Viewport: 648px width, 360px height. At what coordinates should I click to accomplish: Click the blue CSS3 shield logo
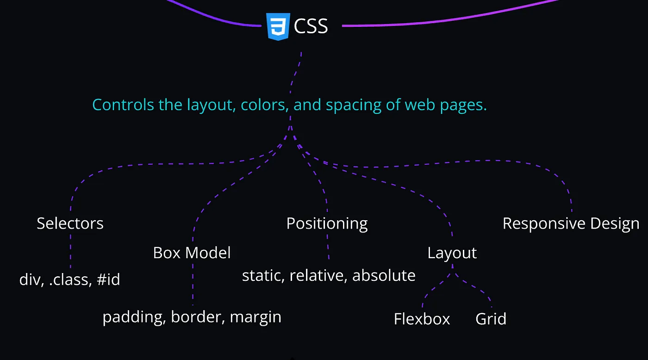pos(278,26)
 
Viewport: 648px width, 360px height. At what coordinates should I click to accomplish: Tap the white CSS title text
pos(311,26)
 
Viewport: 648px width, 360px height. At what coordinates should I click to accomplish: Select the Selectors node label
pos(70,223)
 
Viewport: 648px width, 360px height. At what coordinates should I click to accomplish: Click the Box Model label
pos(192,253)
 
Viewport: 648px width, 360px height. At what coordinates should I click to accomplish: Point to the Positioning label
pos(327,224)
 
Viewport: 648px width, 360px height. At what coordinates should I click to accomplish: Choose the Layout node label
pos(452,253)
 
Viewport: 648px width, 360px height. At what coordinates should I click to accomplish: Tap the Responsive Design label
pos(571,224)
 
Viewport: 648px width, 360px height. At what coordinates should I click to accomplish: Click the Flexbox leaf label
pos(422,319)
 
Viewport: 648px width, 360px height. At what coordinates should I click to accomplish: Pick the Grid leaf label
pos(491,319)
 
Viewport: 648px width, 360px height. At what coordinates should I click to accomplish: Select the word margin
pos(255,317)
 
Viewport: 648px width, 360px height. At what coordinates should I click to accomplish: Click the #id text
pos(108,279)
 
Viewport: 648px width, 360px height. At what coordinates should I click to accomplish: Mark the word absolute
pos(384,275)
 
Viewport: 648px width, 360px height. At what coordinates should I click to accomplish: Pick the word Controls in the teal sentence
pos(123,105)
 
